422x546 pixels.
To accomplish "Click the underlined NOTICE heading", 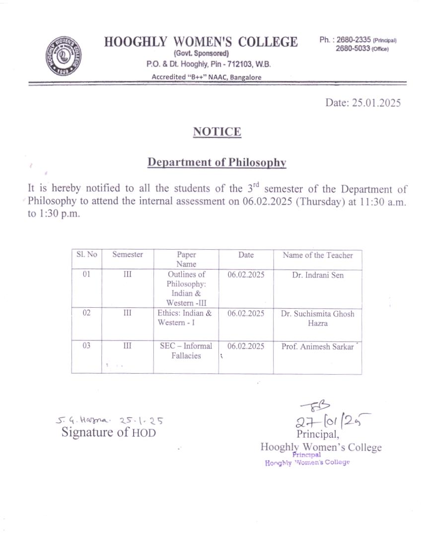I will [217, 132].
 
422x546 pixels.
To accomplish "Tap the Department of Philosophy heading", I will [217, 162].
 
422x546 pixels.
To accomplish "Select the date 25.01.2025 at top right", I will [362, 103].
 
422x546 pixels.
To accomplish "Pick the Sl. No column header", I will [86, 255].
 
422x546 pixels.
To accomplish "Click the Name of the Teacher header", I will [318, 255].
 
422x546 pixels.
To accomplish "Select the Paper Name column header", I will [186, 259].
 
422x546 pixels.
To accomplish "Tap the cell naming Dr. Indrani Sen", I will [318, 275].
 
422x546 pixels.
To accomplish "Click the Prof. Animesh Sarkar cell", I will [318, 346].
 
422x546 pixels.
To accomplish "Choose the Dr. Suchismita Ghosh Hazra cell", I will [318, 318].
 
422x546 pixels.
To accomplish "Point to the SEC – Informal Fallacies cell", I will [186, 350].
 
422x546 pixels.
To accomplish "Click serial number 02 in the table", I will [86, 313].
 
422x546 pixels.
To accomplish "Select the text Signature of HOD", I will [109, 432].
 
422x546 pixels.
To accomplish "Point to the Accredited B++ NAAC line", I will [207, 77].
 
